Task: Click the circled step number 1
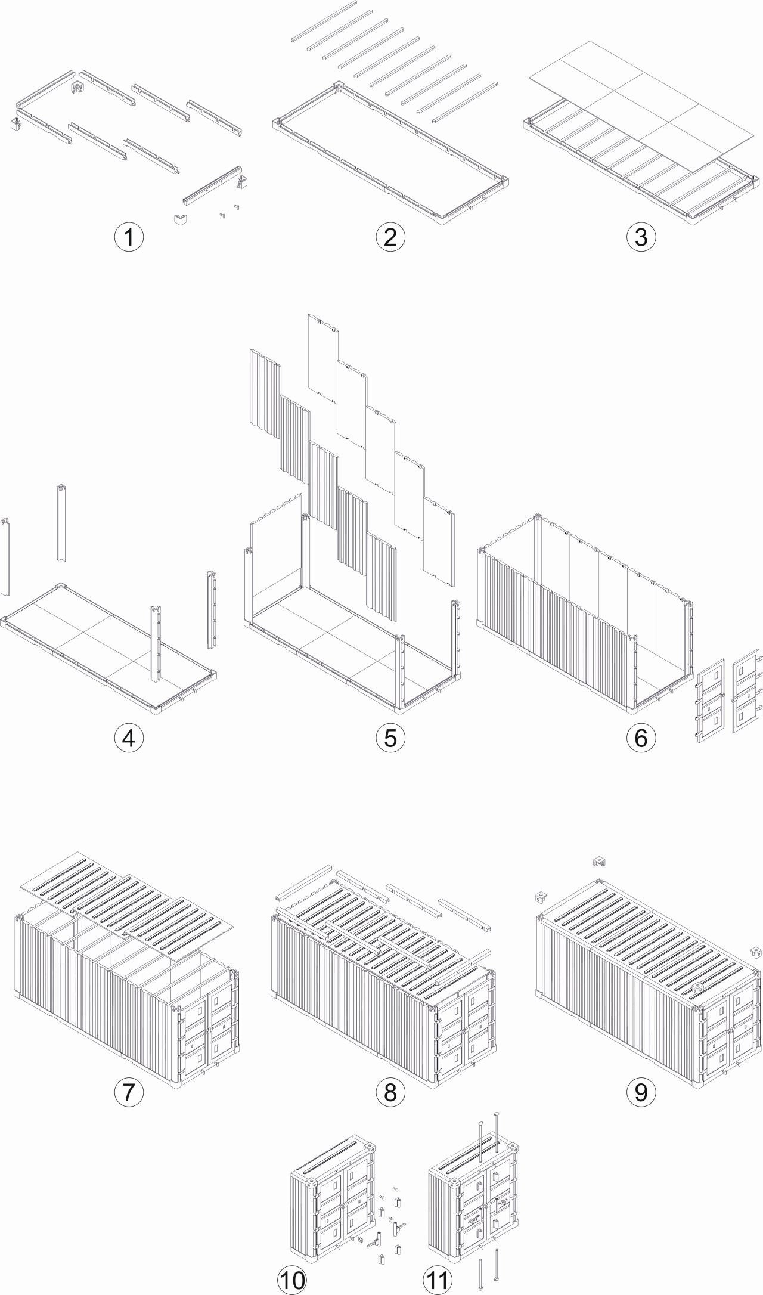click(x=129, y=237)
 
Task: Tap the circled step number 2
click(x=390, y=237)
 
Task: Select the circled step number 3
click(x=641, y=237)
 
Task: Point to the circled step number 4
click(x=129, y=738)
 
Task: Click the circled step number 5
click(x=390, y=738)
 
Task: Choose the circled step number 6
click(x=641, y=738)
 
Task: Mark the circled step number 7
click(x=129, y=1092)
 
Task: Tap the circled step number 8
click(x=390, y=1092)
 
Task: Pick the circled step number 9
click(x=641, y=1092)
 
